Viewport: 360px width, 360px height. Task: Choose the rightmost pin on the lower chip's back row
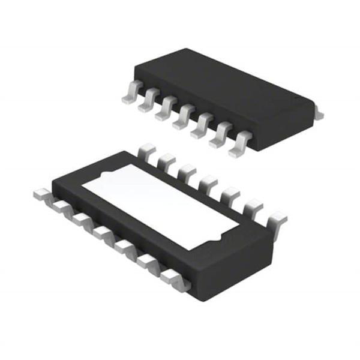coord(277,220)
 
